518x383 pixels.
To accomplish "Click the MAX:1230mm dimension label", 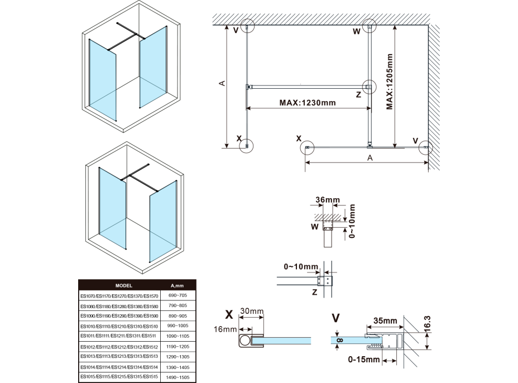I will (308, 103).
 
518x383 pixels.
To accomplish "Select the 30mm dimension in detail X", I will (252, 311).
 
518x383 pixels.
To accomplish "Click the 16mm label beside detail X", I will (226, 330).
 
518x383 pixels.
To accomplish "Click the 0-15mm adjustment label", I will (362, 359).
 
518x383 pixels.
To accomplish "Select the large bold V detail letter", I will (335, 318).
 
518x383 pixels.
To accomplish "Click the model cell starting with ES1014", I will (119, 368).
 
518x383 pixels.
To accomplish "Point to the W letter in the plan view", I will (356, 32).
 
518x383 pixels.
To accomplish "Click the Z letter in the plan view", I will (358, 95).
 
